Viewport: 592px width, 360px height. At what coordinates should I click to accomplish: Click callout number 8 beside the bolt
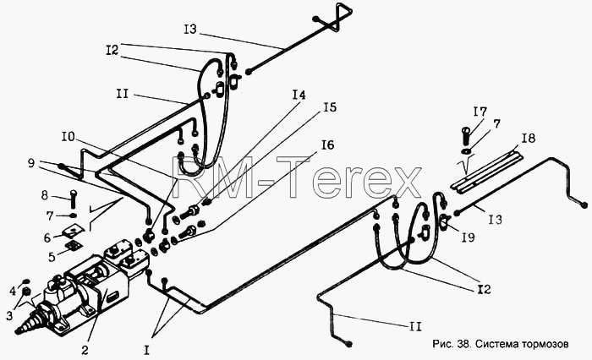(x=46, y=195)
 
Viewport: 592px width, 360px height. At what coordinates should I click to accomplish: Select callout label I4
(x=299, y=95)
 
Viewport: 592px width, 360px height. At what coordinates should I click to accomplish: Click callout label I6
(x=327, y=145)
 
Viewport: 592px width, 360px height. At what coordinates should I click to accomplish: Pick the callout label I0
(x=69, y=137)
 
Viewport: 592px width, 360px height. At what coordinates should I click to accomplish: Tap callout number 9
(x=32, y=163)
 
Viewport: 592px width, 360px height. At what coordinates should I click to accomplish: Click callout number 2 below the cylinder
(x=85, y=350)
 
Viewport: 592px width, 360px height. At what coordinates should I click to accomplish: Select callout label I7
(x=480, y=112)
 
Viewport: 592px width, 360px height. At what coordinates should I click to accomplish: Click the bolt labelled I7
(x=466, y=135)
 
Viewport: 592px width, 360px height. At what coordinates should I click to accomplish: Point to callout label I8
(x=529, y=138)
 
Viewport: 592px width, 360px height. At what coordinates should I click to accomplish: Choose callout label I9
(x=468, y=237)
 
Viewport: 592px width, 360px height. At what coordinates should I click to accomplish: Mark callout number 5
(x=52, y=257)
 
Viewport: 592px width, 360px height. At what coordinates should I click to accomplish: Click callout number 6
(x=47, y=238)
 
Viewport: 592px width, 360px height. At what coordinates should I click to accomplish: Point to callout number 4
(x=13, y=291)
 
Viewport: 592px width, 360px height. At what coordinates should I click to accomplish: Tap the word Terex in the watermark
(x=349, y=177)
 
